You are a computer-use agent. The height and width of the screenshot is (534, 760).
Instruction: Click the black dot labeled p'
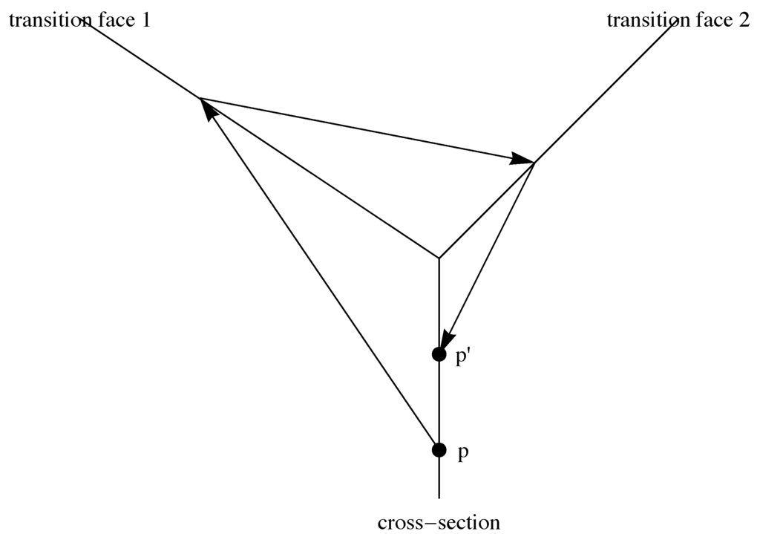[x=439, y=354]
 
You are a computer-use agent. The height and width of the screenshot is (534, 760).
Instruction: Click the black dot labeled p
[x=439, y=449]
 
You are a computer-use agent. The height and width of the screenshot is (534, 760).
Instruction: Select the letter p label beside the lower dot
[x=463, y=454]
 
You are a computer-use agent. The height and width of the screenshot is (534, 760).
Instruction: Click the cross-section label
[x=439, y=523]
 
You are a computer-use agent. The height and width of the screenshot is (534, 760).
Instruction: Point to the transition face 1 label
[x=79, y=20]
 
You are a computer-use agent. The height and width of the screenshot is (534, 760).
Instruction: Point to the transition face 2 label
[x=678, y=20]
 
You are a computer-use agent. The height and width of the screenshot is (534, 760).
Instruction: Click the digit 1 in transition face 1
[x=145, y=20]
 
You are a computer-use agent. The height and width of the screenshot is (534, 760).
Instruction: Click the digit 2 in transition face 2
[x=744, y=20]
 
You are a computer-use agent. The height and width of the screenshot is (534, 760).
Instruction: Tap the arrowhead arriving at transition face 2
[x=522, y=159]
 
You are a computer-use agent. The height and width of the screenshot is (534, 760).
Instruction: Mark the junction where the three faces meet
[x=439, y=258]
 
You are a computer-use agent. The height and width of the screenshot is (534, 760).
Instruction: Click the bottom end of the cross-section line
[x=439, y=496]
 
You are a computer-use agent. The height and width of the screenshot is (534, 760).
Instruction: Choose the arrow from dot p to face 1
[x=319, y=275]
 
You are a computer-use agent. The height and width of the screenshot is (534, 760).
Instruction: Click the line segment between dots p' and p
[x=439, y=401]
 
